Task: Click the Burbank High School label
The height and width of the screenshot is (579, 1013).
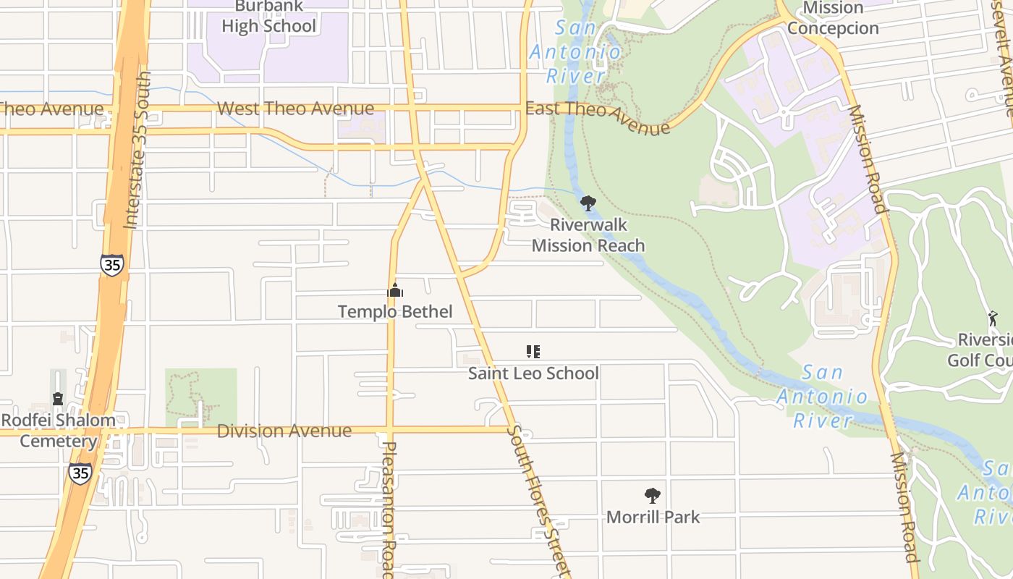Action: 268,17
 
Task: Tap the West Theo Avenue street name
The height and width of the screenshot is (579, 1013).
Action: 295,109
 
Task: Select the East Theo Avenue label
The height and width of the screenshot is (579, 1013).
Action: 598,118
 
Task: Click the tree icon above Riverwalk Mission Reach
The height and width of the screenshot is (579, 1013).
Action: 588,203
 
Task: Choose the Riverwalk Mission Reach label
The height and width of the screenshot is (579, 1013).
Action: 588,235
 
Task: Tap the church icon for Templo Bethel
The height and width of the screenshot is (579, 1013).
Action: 395,291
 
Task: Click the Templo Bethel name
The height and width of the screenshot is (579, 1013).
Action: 395,312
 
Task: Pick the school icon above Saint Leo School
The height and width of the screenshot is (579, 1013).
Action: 533,352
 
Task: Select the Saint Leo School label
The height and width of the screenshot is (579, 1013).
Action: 533,373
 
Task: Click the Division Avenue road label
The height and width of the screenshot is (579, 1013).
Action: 284,431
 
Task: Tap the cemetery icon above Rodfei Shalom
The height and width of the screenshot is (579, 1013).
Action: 58,399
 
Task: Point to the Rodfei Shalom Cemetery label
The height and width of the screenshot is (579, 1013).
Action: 58,431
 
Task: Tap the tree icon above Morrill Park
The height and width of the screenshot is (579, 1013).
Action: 653,496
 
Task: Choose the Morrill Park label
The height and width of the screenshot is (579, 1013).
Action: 653,517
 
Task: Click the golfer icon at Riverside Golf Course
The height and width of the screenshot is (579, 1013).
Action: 992,318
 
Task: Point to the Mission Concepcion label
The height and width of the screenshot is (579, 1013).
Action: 833,18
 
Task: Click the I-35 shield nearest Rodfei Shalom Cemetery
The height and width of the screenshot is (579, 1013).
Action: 80,474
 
